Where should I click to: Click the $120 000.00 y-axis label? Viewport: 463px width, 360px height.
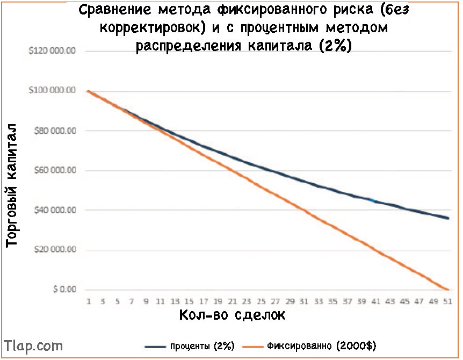52,51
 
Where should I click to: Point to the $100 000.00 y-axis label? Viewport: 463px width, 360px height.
52,90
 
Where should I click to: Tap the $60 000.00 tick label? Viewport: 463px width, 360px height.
55,170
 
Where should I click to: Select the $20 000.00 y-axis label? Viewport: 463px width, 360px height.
55,249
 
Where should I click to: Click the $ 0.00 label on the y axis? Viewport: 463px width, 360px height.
64,289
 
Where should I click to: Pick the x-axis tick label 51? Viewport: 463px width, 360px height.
447,301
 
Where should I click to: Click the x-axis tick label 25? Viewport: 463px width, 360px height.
261,301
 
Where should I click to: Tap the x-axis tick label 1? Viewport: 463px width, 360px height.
88,301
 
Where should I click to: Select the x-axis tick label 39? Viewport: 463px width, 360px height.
361,301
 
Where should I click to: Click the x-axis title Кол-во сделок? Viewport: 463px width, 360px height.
232,315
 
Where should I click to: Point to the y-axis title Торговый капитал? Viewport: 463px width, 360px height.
11,185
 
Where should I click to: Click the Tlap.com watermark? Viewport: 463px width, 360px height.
33,346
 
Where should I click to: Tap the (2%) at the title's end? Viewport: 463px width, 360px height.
336,46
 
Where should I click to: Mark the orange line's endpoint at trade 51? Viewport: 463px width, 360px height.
448,290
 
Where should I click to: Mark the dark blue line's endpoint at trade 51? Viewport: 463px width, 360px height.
448,218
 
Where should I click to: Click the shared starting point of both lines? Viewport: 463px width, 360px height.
88,91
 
